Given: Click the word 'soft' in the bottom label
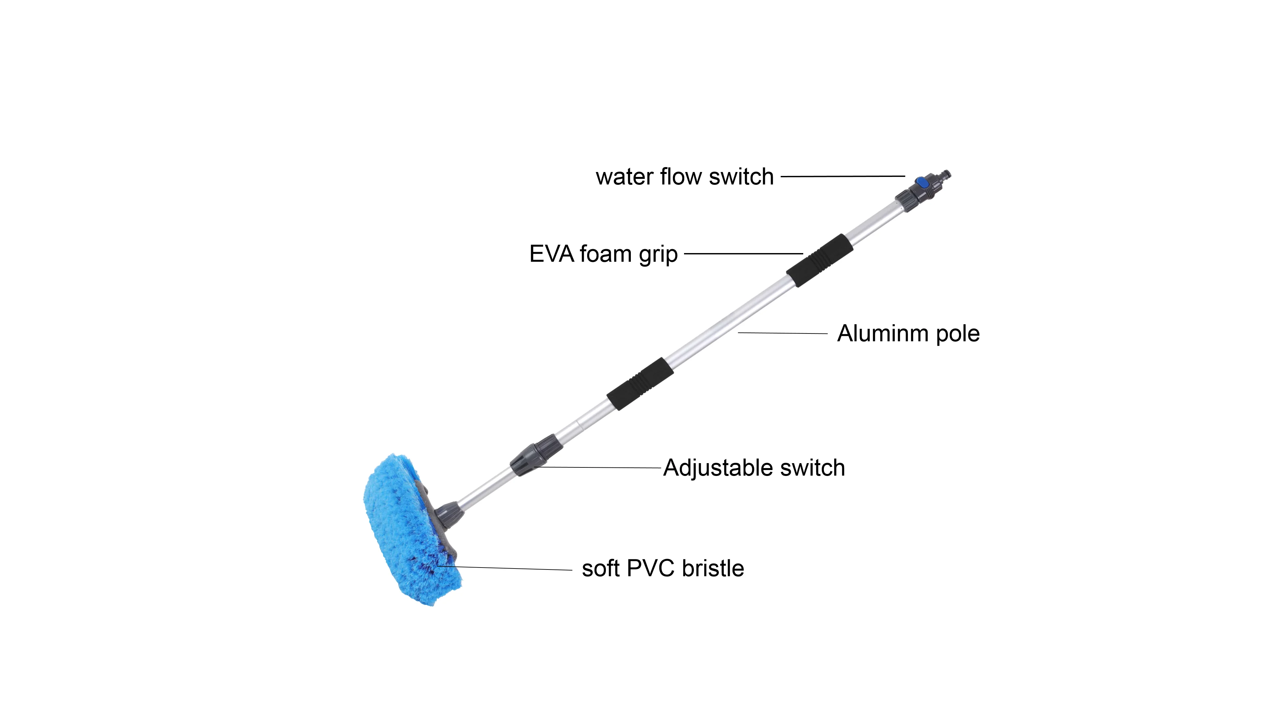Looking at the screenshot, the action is pyautogui.click(x=601, y=569).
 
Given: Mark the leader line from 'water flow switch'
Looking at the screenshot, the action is pyautogui.click(x=842, y=176).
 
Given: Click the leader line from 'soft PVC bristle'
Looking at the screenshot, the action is pyautogui.click(x=509, y=568).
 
